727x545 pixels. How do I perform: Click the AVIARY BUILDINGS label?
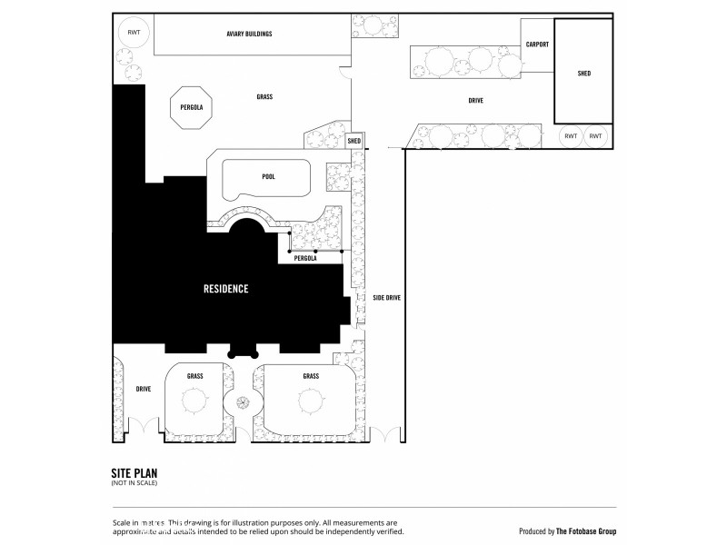click(249, 34)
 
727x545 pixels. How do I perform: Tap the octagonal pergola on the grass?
click(191, 107)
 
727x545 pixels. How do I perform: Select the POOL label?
click(268, 177)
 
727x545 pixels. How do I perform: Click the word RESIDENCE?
click(224, 289)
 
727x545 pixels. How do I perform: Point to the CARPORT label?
click(537, 45)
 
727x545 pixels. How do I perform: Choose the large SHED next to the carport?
click(583, 72)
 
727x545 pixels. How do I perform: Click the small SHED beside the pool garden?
click(354, 142)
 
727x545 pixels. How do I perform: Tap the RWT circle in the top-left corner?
click(134, 33)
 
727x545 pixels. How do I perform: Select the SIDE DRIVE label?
click(386, 297)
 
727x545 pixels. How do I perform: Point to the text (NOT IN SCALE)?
click(131, 484)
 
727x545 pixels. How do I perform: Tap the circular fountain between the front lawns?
click(243, 402)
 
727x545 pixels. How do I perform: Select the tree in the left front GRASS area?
click(194, 401)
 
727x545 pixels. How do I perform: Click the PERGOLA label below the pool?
click(305, 258)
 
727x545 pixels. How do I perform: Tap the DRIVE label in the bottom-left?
click(143, 389)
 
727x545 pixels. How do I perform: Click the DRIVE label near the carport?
click(475, 101)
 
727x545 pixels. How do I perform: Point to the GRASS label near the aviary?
click(264, 97)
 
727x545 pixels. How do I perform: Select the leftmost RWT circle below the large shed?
click(571, 136)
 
